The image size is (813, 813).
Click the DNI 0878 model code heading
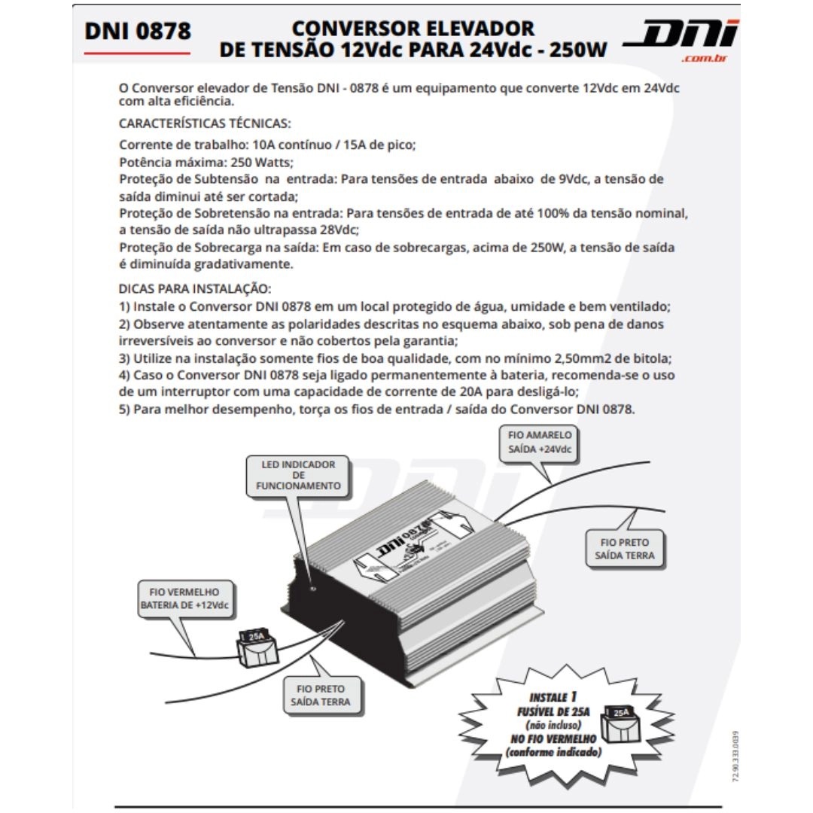point(138,32)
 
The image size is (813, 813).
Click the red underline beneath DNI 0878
point(138,53)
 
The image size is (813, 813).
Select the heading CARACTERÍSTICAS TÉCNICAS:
point(205,123)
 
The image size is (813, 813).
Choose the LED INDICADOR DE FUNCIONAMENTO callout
point(298,476)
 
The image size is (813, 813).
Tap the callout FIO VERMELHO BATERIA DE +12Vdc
point(185,599)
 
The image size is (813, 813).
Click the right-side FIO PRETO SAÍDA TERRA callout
point(624,549)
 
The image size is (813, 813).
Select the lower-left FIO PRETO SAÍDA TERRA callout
point(320,696)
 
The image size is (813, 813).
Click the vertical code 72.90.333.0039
point(735,756)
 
